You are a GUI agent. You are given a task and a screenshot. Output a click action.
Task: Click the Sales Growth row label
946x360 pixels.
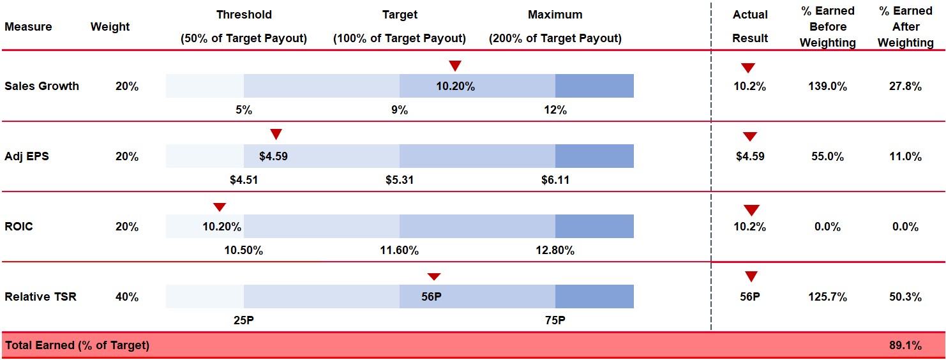click(41, 86)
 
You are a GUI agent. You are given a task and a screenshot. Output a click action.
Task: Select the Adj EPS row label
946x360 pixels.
click(27, 156)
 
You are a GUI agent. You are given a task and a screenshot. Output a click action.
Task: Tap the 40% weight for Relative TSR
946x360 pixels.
click(127, 297)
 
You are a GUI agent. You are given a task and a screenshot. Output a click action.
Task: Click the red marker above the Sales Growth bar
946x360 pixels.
click(454, 65)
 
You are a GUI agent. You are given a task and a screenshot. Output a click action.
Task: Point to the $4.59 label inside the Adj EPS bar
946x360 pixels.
click(273, 156)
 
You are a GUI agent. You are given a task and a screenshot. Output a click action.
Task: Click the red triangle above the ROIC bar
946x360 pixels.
click(219, 207)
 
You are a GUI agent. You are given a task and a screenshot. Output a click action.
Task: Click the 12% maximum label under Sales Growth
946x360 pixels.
click(555, 110)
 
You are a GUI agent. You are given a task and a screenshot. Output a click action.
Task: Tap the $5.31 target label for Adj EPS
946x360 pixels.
click(400, 180)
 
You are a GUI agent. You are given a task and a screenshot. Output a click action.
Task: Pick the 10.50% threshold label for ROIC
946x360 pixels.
click(243, 250)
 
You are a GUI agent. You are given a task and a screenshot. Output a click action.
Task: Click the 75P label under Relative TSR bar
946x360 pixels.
click(555, 320)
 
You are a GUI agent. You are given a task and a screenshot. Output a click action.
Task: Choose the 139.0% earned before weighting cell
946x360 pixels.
click(827, 87)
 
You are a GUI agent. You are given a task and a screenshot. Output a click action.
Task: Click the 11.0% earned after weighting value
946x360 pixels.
click(905, 156)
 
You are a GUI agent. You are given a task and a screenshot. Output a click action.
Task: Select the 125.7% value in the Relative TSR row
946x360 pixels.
click(827, 297)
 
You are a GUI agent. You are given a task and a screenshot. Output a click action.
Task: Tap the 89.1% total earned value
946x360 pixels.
click(905, 345)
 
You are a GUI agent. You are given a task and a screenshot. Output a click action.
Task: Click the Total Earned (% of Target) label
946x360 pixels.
click(77, 345)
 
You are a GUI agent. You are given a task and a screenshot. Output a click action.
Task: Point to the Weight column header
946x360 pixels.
click(110, 27)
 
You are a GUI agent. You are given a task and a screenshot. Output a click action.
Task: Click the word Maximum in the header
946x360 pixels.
click(555, 15)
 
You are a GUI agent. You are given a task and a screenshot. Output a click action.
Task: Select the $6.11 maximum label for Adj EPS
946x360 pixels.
click(555, 180)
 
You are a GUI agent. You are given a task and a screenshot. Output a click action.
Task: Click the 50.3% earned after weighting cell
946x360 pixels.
click(905, 297)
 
